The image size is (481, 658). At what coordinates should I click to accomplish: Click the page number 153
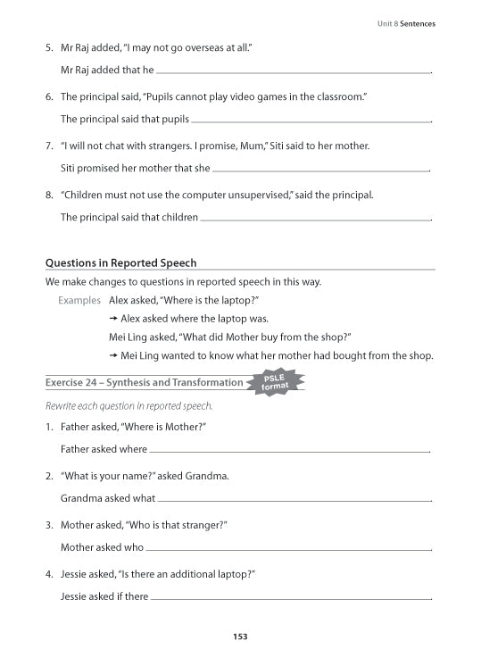[239, 636]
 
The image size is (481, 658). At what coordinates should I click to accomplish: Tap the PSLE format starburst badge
[275, 382]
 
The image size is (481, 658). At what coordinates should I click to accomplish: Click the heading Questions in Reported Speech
[120, 263]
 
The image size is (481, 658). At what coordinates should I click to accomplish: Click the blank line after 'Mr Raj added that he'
[293, 71]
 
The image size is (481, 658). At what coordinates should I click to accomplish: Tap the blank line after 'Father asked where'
[289, 451]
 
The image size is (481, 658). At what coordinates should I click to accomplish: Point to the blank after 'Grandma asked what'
[293, 500]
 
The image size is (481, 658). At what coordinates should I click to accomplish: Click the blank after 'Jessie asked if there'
[290, 598]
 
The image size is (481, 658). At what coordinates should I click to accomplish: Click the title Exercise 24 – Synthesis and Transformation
[144, 383]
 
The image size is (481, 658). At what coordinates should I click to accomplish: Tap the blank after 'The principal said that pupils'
[311, 120]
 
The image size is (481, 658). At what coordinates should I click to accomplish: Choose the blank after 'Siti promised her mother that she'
[321, 169]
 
